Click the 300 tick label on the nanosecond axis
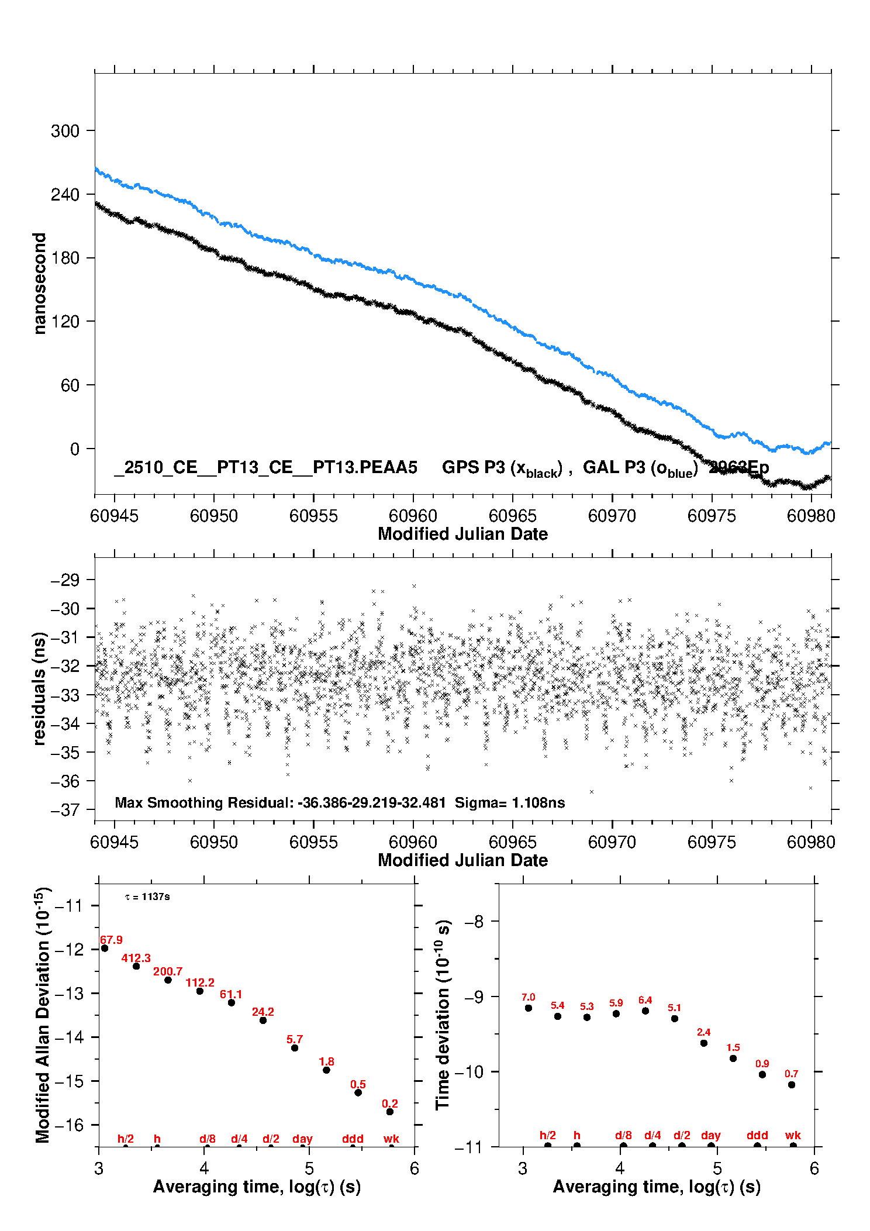tap(65, 131)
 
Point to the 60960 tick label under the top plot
tap(413, 516)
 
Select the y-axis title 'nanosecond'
tap(40, 283)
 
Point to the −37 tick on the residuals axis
tap(65, 810)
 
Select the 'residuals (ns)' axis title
tap(40, 688)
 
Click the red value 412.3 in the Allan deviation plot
tap(136, 958)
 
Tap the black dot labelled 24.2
tap(263, 1020)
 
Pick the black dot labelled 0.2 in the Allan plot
tap(390, 1112)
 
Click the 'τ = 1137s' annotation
tap(147, 897)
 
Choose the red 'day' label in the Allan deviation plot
tap(302, 1139)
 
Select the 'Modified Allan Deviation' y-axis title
tap(43, 1014)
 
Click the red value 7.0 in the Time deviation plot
tap(529, 997)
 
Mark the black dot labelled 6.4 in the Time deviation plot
tap(645, 1011)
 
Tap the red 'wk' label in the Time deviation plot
tap(793, 1135)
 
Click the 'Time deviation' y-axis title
tap(443, 1015)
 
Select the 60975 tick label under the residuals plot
tap(712, 842)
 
